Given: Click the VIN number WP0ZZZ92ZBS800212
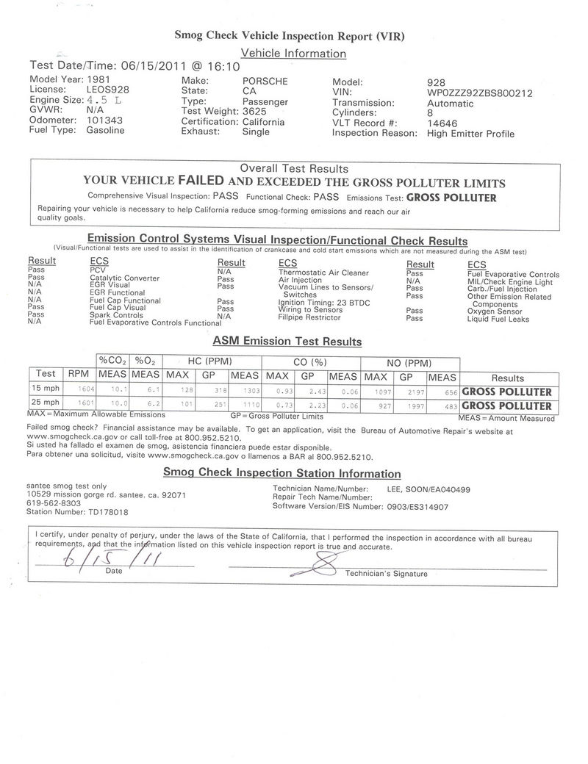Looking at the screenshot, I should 479,93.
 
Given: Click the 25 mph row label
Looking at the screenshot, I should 46,403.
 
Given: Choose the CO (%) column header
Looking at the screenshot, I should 309,363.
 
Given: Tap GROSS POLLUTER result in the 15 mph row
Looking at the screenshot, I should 506,392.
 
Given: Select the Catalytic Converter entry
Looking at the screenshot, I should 124,278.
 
